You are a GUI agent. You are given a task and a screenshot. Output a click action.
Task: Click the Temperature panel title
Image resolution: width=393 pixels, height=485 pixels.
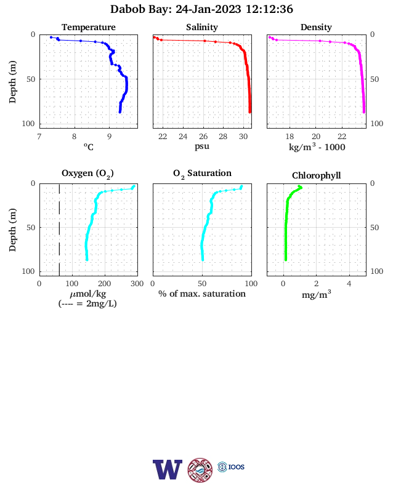point(89,27)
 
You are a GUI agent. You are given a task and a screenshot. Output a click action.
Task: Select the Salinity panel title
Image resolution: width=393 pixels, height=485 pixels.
point(202,27)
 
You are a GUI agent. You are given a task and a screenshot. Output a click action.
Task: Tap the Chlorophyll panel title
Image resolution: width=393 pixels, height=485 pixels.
point(316,175)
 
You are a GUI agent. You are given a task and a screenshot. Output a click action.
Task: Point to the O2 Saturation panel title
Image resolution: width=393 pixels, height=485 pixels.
point(202,174)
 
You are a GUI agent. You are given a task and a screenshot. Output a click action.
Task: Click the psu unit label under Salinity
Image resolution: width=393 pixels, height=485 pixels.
point(202,146)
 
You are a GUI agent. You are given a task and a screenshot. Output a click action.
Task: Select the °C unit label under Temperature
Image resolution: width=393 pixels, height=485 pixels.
point(89,146)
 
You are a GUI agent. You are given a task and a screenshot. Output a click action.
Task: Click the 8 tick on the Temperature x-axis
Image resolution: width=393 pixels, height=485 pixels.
point(75,137)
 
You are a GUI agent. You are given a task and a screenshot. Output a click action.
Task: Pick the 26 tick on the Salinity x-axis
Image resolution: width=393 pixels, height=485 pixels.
point(203,137)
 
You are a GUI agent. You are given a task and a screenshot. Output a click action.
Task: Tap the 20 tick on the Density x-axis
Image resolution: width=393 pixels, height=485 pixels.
point(316,137)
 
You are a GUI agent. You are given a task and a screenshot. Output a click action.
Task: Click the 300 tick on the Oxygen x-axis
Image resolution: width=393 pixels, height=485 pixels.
point(137,284)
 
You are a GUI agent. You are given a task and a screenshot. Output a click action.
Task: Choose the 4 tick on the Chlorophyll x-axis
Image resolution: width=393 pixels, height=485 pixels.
point(349,284)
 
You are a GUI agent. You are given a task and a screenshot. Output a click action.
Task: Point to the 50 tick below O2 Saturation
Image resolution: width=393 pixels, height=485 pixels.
point(202,284)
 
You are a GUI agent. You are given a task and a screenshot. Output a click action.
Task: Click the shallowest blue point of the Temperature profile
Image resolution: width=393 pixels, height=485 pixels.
point(51,38)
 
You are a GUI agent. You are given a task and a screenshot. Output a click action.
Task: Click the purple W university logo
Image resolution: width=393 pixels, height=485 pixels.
point(168,470)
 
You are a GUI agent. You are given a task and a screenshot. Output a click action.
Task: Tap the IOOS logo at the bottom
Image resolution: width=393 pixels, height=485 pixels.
point(231,467)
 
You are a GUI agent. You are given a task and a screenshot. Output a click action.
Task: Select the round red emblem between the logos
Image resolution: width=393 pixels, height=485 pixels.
point(200,470)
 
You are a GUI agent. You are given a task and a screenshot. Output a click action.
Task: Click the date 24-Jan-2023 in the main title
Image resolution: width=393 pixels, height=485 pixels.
point(208,9)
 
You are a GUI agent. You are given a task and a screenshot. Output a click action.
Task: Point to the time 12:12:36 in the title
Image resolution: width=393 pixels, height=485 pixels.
point(269,9)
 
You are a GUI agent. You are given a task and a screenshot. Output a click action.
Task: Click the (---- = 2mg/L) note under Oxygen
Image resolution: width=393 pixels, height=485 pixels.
point(87,304)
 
